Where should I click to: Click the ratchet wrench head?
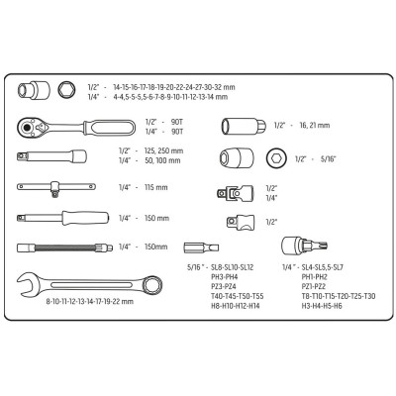(32, 127)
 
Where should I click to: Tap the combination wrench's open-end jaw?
(27, 284)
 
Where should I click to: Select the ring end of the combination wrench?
(152, 284)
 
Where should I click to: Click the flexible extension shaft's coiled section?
(65, 247)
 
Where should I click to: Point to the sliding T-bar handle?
(56, 187)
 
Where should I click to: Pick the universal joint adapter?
(235, 192)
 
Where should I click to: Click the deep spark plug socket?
(244, 126)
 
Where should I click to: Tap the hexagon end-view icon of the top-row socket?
(66, 89)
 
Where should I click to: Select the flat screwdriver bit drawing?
(201, 247)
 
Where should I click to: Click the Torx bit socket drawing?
(304, 246)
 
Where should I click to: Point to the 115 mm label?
(155, 187)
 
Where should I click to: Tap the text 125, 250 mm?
(163, 151)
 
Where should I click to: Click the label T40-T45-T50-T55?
(238, 296)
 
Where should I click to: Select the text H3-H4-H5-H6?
(322, 306)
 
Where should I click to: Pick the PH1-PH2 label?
(314, 277)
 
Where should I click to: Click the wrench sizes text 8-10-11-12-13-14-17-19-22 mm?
(90, 301)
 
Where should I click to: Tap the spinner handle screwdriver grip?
(85, 218)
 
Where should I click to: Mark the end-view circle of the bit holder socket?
(276, 158)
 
